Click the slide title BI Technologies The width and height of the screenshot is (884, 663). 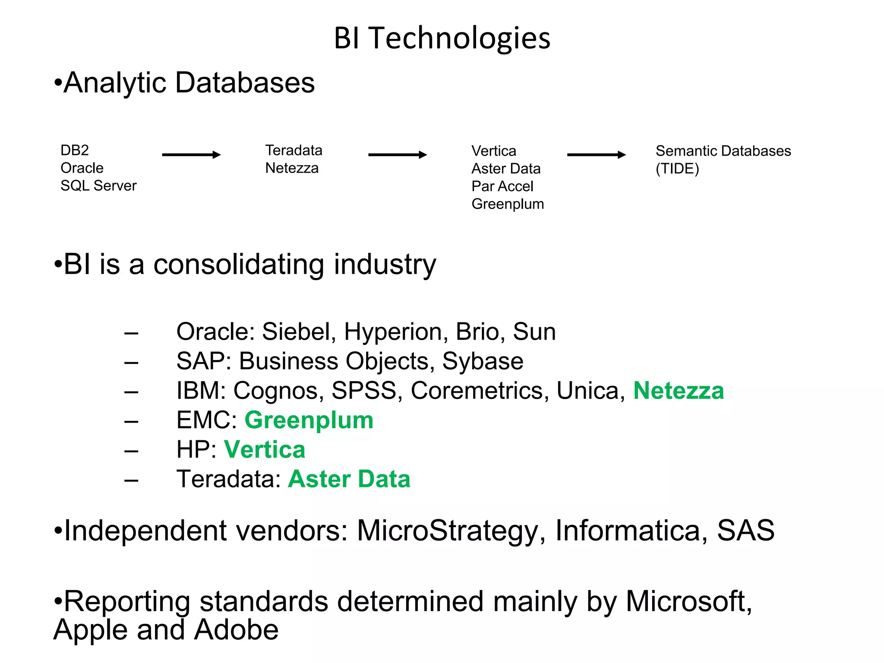click(442, 38)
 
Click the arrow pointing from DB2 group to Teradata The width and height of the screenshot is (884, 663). click(191, 155)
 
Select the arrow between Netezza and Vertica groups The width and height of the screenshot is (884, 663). click(397, 155)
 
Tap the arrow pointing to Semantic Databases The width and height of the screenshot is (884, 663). click(596, 155)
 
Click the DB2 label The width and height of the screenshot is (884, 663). click(75, 150)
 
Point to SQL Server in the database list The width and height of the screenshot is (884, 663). click(98, 186)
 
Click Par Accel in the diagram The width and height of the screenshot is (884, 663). click(502, 186)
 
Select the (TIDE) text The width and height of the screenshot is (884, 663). click(677, 168)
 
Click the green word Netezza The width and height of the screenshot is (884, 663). click(679, 391)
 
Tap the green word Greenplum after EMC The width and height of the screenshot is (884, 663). click(309, 420)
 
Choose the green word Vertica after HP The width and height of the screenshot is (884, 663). click(265, 449)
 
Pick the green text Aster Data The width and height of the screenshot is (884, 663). click(349, 479)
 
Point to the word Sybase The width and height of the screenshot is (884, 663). click(483, 361)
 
